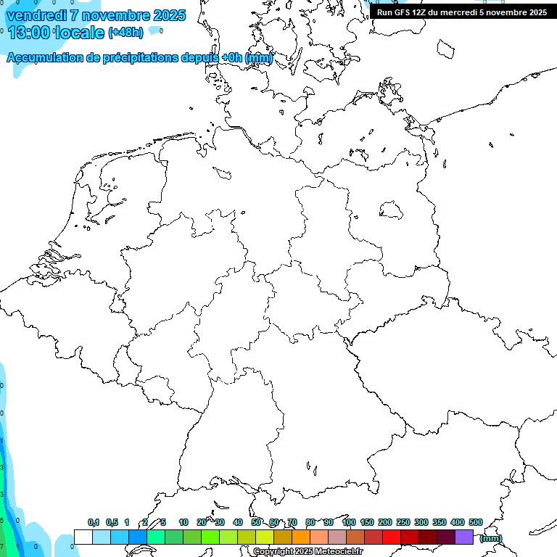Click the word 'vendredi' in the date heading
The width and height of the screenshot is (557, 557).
pos(36,15)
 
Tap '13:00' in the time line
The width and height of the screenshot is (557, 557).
pos(28,33)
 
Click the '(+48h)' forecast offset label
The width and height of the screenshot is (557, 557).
pos(125,33)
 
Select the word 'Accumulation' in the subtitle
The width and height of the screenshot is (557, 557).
pos(44,58)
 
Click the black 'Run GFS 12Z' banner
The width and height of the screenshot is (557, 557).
pos(462,12)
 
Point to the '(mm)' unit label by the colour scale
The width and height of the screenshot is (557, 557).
pos(490,538)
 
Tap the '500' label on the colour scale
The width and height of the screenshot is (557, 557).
pos(476,522)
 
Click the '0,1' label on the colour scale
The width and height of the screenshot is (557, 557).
pos(94,522)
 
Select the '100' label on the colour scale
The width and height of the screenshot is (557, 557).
pos(348,522)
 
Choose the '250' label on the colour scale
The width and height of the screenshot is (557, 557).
pos(403,522)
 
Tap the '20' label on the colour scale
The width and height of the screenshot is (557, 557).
pos(202,522)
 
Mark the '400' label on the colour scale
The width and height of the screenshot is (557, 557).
pos(458,522)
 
